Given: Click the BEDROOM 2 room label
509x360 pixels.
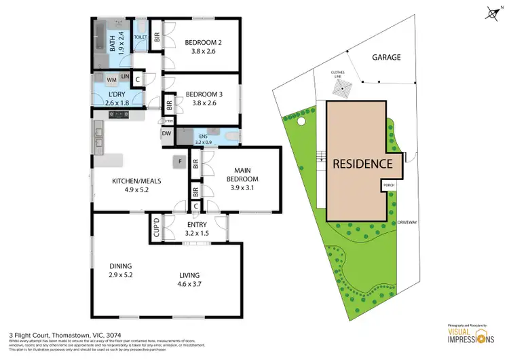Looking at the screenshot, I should coord(204,43).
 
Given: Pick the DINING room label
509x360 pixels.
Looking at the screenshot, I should coord(124,266).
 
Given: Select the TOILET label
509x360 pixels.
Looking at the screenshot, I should coord(141,37).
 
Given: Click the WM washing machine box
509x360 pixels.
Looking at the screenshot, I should coord(111,79).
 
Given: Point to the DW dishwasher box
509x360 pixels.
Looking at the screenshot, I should coord(166,134).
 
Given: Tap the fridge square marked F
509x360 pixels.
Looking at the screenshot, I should coord(180,162).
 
